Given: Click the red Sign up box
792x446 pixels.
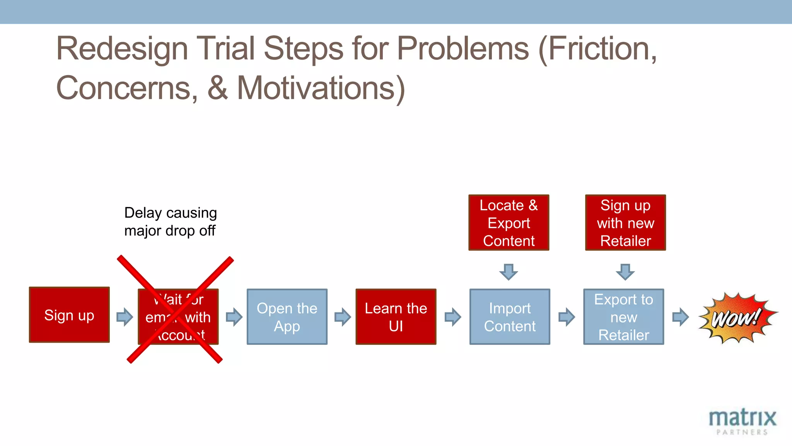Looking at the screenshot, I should point(69,315).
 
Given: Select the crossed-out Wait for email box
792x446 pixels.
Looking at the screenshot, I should point(178,317).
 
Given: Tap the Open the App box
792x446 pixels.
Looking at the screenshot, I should point(287,317).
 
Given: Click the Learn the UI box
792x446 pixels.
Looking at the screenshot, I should point(396,317).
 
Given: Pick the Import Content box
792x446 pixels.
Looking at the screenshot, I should point(510,317).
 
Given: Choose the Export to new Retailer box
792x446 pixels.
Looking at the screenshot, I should point(623,317).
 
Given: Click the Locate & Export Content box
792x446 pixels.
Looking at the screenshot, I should point(509,223).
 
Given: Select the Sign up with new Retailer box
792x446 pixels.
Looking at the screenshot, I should point(625,223).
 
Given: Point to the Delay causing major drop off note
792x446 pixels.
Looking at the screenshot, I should point(170,221).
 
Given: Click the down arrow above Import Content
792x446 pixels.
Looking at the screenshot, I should point(509,272).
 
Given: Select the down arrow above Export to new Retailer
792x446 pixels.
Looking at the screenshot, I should point(625,272).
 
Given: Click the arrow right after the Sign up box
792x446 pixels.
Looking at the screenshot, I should point(125,317).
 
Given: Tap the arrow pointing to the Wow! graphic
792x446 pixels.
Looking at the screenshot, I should point(680,317).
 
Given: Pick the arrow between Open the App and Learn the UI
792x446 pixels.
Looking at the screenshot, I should point(342,317).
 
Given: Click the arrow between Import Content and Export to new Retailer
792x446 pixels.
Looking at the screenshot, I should point(567,317).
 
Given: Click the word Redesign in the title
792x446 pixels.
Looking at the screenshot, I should point(122,49).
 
